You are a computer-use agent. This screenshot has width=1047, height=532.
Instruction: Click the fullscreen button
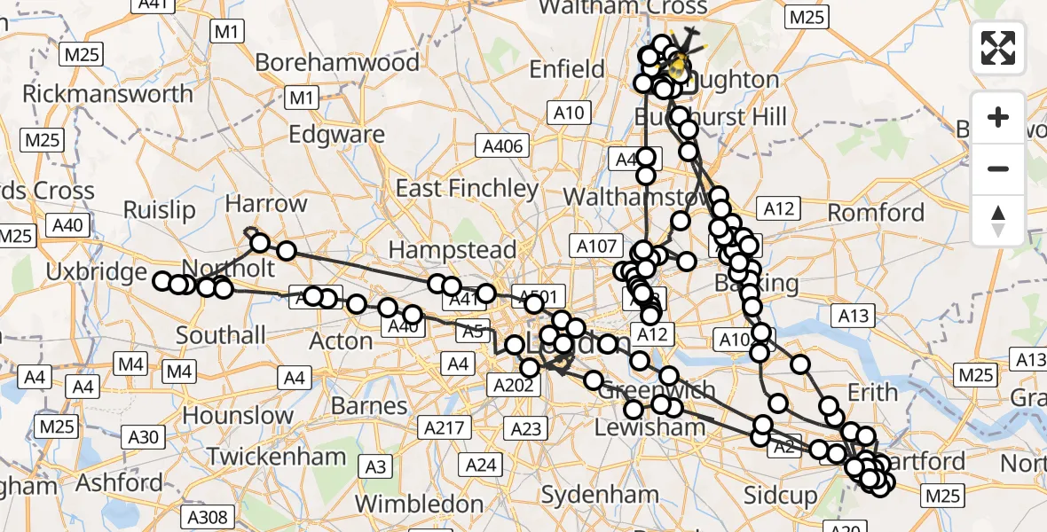click(x=998, y=47)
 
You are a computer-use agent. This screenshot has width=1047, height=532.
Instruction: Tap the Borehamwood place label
click(x=337, y=63)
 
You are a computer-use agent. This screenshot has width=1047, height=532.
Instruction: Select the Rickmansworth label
click(x=107, y=94)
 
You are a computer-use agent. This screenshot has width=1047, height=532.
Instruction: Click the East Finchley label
click(x=467, y=188)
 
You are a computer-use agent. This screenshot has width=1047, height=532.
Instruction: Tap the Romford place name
click(x=877, y=213)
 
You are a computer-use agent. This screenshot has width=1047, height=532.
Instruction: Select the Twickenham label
click(x=277, y=458)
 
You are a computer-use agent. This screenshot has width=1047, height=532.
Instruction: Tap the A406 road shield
click(x=504, y=145)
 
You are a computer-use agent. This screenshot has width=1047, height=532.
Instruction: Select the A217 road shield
click(x=445, y=427)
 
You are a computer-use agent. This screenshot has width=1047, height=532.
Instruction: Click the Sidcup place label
click(x=781, y=496)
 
